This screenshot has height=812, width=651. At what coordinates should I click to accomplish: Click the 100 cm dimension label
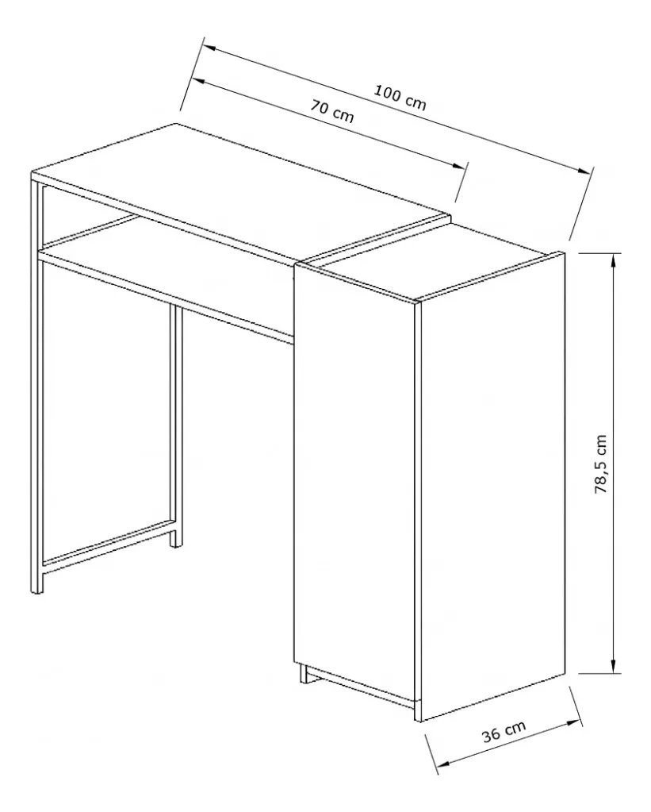pos(400,98)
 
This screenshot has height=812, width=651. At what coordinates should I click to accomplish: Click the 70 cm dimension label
pos(332,110)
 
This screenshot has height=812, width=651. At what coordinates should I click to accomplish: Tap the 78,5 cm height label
pos(601,464)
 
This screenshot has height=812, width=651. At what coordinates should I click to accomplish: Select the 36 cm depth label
pos(504,730)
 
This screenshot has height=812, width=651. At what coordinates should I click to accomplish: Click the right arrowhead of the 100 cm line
pos(584,170)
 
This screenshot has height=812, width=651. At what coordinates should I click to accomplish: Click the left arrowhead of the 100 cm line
pos(209,47)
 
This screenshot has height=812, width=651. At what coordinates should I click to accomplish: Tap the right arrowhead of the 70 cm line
pos(459,166)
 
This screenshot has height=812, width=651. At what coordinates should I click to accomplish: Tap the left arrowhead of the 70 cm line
pos(199,81)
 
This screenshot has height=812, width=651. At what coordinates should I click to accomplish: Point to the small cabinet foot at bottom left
pos(303,673)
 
